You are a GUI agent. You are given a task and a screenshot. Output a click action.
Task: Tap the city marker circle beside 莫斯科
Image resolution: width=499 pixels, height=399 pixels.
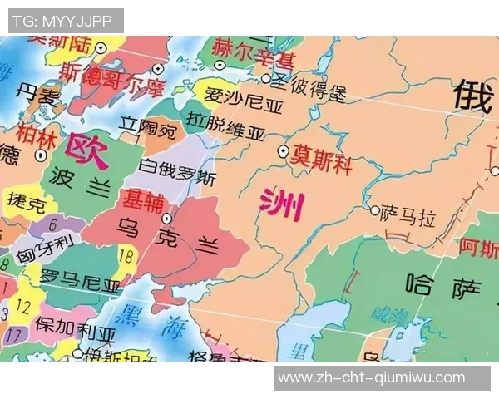283,151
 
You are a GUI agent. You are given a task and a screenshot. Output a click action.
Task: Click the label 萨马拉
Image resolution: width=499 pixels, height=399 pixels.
408,218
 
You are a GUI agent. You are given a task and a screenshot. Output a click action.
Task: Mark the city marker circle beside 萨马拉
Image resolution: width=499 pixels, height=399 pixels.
375,210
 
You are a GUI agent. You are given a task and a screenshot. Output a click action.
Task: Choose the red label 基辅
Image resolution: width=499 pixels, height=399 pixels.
143,199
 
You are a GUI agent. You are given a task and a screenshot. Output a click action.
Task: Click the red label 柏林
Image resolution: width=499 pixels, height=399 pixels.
33,132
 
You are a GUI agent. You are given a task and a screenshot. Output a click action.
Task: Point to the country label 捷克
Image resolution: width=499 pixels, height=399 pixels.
26,204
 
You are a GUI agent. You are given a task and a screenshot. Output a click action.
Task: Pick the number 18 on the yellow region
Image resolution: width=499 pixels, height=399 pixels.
126,255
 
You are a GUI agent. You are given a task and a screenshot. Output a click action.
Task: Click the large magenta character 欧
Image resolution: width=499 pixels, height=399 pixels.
88,150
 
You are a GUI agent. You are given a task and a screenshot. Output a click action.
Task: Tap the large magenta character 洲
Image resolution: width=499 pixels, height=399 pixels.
281,204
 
